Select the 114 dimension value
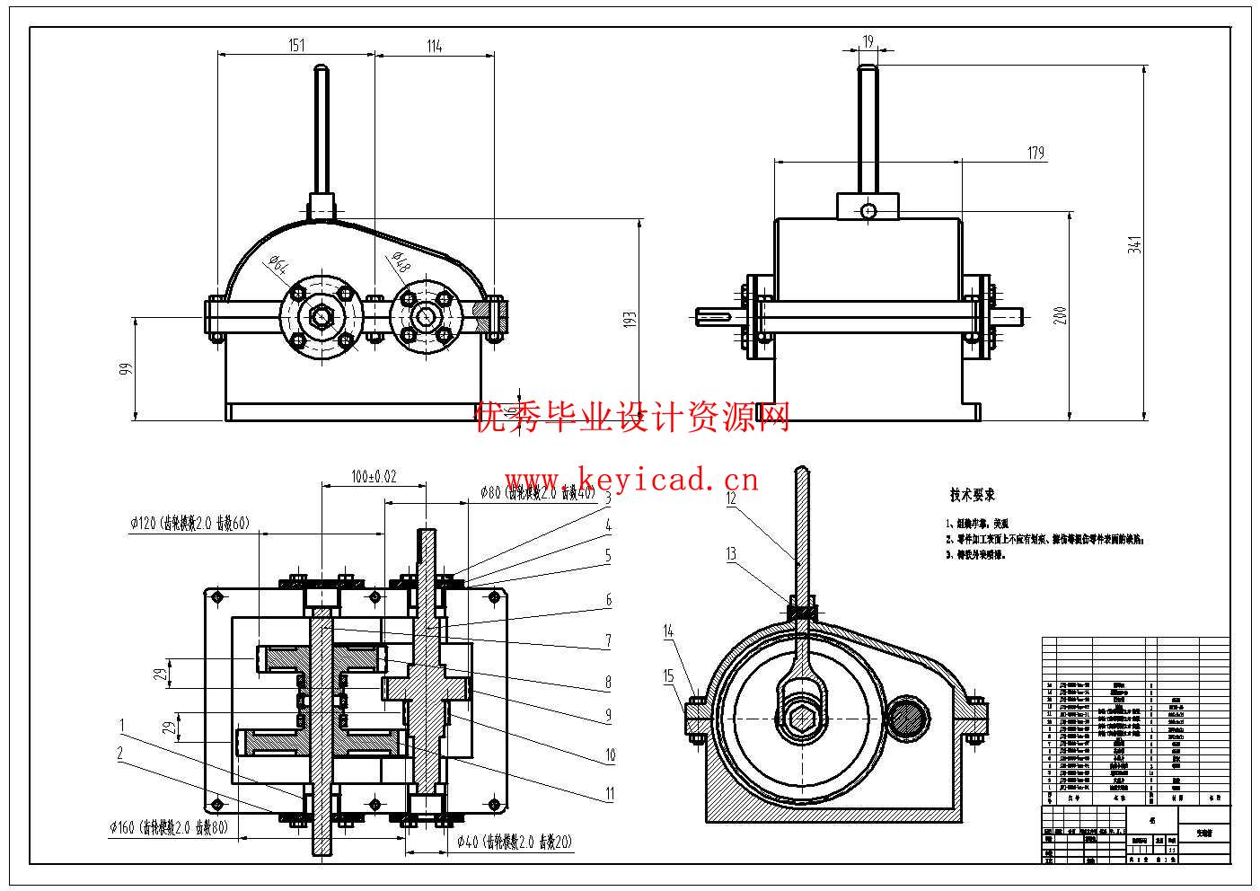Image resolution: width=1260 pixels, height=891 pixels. click(x=434, y=46)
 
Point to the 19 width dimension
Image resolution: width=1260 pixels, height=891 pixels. click(x=868, y=41)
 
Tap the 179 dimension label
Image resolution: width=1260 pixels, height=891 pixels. click(x=1035, y=154)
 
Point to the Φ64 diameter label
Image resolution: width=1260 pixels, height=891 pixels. click(x=278, y=264)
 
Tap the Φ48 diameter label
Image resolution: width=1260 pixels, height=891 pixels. click(x=400, y=261)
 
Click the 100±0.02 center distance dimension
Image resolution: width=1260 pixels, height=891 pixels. click(x=374, y=477)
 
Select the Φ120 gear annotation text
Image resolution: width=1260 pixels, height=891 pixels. click(x=189, y=524)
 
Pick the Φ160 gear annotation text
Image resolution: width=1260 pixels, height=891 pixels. click(x=168, y=828)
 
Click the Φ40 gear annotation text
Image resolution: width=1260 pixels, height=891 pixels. click(x=514, y=842)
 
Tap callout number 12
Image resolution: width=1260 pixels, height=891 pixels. click(x=731, y=498)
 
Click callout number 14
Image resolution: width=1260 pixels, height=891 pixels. click(x=668, y=631)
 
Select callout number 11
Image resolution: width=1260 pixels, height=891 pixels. click(x=610, y=793)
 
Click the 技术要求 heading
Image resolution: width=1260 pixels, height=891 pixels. click(x=973, y=495)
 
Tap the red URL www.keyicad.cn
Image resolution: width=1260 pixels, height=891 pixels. click(x=631, y=480)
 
